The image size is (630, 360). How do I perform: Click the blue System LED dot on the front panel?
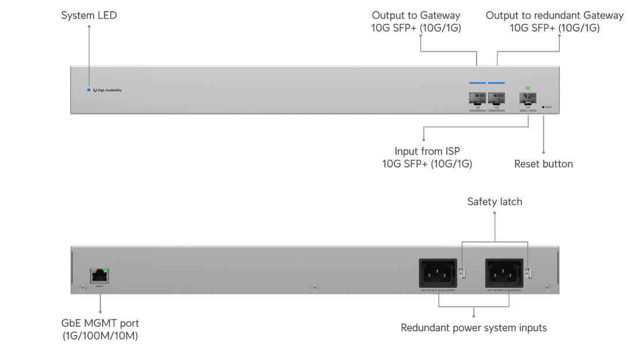[89, 90]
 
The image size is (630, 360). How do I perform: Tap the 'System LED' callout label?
[89, 16]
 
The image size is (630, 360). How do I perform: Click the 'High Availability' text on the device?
[109, 90]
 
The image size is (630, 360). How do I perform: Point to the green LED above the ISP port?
[528, 88]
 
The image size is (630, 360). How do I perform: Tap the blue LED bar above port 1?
[477, 83]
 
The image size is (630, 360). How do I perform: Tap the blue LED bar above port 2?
[496, 83]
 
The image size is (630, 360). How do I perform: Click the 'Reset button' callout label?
[543, 164]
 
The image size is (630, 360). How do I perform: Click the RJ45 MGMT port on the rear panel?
[100, 276]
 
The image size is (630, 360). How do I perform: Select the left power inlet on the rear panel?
[437, 272]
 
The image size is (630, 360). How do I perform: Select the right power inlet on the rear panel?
[504, 272]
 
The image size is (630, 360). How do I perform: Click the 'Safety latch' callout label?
[495, 202]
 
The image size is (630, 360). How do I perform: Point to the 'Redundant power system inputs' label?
[474, 328]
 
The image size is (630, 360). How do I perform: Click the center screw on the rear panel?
[315, 288]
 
